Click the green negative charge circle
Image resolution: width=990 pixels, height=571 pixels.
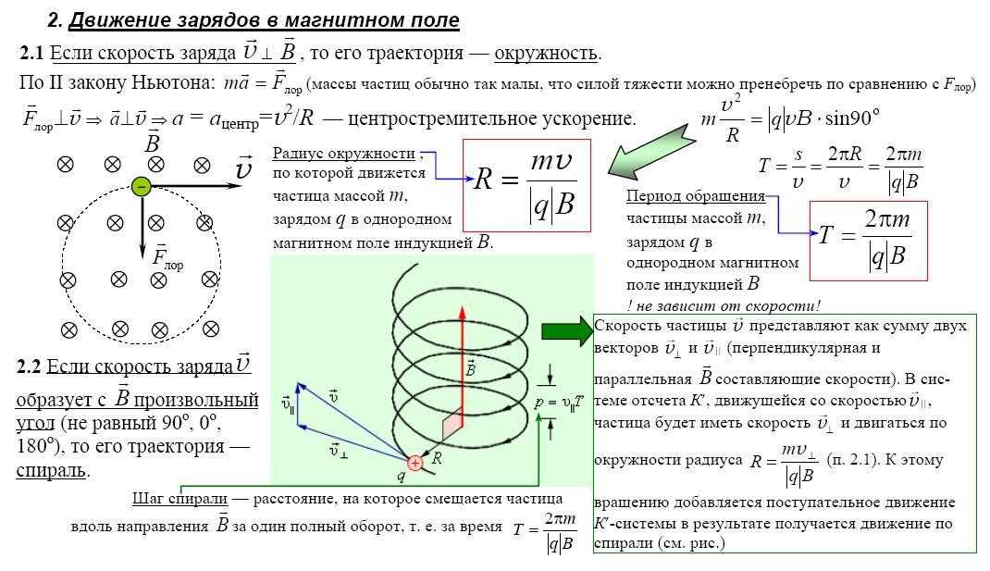coord(141,186)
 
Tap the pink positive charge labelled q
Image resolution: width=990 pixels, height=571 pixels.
coord(415,463)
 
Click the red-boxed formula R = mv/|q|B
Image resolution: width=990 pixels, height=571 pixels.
coord(526,186)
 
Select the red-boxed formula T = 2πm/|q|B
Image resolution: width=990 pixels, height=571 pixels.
coord(868,241)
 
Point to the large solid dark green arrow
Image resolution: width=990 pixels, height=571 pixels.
coord(567,330)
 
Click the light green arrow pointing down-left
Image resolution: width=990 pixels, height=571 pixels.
coord(650,150)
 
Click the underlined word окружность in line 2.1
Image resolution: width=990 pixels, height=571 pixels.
coord(546,53)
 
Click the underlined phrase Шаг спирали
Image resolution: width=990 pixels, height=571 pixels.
coord(179,499)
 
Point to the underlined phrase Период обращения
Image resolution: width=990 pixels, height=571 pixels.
coord(696,196)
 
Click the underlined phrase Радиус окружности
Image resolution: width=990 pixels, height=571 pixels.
coord(344,154)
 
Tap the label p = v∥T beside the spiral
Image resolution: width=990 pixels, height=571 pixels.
coord(559,402)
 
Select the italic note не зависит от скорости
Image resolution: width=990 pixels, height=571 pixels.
coord(727,305)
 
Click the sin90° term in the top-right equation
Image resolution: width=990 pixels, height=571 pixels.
coord(852,118)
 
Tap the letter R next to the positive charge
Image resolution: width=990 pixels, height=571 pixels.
coord(437,459)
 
